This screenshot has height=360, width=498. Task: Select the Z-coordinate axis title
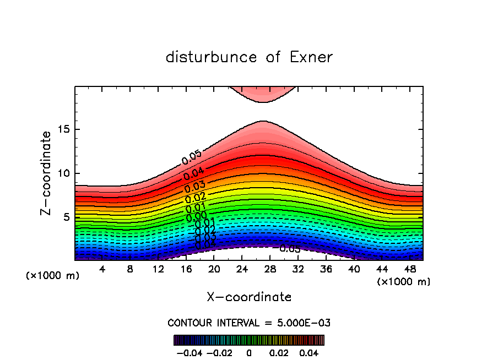coord(47,173)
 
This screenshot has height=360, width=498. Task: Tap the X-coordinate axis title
coord(249,297)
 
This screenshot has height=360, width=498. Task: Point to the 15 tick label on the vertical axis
coord(63,130)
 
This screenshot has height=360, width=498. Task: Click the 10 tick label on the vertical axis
coord(63,173)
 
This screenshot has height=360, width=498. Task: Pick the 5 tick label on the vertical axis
coord(66,217)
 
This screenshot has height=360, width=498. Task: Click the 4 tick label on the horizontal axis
coord(102,269)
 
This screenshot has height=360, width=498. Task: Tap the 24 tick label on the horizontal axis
coord(242,269)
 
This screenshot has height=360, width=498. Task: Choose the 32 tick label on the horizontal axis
coord(298,269)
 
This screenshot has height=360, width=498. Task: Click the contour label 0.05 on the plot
coord(191,157)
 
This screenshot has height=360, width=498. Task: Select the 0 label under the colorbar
coord(249,351)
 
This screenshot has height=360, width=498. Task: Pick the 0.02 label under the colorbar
coord(280,351)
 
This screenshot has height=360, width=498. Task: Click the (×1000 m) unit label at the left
coord(53,275)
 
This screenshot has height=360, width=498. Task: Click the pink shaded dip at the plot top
coord(263,94)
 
